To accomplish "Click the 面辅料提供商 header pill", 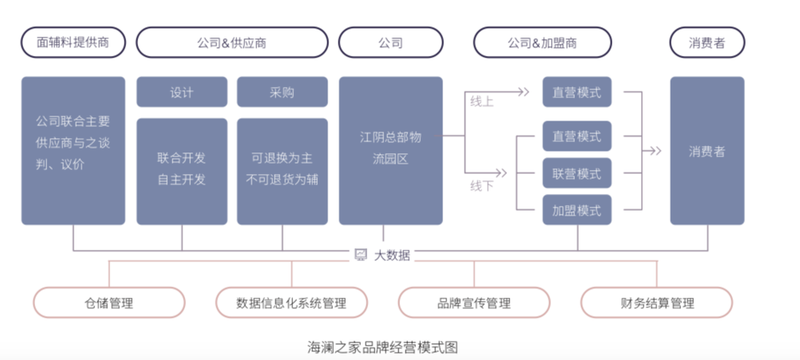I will point(73,42).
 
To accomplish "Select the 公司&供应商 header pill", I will point(232,42).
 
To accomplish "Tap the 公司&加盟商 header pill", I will point(542,42).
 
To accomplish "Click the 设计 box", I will point(182,92).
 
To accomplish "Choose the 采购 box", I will point(282,92).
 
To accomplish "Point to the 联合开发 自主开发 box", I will point(182,170).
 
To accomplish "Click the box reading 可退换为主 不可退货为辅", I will point(282,170).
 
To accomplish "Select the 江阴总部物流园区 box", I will point(390,149).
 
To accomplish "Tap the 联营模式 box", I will point(576,174).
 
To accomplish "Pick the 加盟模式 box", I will point(576,211).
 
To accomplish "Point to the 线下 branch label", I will point(481,185).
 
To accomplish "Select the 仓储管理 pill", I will point(109,303).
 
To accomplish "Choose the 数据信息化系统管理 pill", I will point(291,303).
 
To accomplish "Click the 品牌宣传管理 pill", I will point(473,303).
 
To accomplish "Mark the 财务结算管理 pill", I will point(656,303).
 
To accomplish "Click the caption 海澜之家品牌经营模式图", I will point(382,347).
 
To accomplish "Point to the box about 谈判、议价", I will point(73,149).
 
